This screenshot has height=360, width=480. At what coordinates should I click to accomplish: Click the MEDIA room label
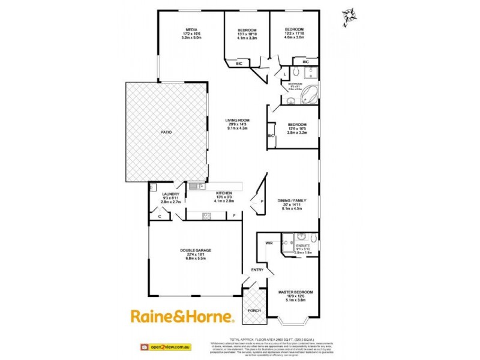191,29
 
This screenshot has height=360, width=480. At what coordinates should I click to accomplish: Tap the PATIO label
166,131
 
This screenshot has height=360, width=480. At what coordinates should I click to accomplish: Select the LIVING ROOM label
238,120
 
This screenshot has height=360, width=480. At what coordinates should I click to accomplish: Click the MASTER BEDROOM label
295,292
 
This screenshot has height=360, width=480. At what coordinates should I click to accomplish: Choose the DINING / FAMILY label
291,201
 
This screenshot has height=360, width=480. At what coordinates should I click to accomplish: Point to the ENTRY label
257,269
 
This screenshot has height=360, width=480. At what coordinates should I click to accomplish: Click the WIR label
269,242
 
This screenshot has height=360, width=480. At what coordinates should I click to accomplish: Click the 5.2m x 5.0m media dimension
191,38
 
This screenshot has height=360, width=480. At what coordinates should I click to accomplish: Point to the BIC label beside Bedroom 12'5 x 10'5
271,136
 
